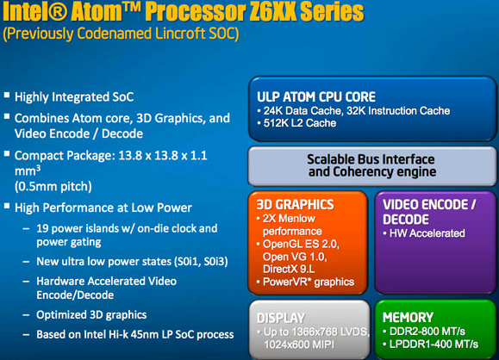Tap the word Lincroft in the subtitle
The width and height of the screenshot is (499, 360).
pos(180,33)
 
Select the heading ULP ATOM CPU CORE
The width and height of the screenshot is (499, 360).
pos(316,97)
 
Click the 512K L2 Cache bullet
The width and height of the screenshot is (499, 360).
pos(297,123)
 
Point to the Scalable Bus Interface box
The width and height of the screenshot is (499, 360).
pos(372,166)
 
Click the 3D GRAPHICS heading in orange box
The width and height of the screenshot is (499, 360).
pos(295,204)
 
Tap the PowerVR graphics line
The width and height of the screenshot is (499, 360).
pos(305,282)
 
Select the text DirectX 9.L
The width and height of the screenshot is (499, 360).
pos(289,269)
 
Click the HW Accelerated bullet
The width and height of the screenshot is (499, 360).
pos(424,233)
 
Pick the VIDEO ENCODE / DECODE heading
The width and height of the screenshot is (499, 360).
pos(429,212)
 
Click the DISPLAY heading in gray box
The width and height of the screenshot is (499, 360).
pos(281,318)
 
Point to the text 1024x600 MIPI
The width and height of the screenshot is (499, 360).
pos(299,344)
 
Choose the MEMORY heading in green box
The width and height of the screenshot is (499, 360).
pos(408,318)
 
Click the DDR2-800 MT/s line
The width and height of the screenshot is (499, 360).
pos(424,332)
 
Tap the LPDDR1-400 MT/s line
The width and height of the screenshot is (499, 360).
pos(431,344)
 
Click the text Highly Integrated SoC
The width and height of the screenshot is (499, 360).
pos(74,97)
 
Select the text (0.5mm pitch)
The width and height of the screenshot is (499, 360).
pos(53,186)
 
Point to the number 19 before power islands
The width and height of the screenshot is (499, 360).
pos(42,228)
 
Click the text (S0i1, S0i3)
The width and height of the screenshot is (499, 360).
pos(201,262)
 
